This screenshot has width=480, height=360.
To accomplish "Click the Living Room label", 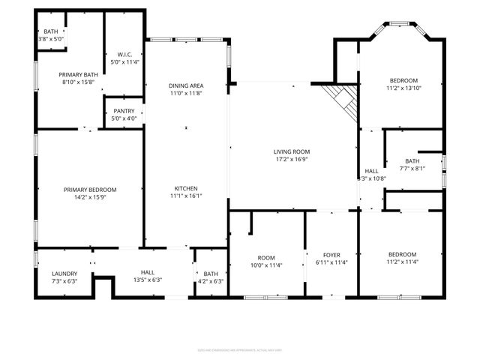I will (x=291, y=151).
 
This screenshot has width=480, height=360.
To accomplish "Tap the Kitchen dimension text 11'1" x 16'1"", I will (x=186, y=196).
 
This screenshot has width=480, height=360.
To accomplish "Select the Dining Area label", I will (x=186, y=86).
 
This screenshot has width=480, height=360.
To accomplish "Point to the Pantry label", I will (x=124, y=111).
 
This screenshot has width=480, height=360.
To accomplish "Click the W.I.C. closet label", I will (x=124, y=54).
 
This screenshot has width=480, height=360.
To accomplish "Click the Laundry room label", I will (x=64, y=273).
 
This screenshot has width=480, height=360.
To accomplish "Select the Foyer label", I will (x=332, y=255).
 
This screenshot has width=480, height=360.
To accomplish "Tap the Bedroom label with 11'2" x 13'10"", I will (x=403, y=80).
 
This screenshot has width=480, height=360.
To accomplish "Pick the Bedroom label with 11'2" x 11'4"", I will (x=403, y=255).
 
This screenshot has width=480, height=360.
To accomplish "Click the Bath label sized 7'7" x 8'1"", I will (x=412, y=160).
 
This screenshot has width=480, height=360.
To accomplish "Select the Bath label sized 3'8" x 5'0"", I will (x=51, y=31).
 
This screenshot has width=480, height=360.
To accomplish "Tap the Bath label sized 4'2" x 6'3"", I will (x=210, y=273).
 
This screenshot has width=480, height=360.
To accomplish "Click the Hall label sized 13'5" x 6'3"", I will (x=147, y=273).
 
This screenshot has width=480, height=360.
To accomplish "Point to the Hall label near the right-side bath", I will (x=372, y=171).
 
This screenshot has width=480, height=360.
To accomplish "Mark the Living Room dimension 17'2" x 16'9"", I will (x=291, y=159).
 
